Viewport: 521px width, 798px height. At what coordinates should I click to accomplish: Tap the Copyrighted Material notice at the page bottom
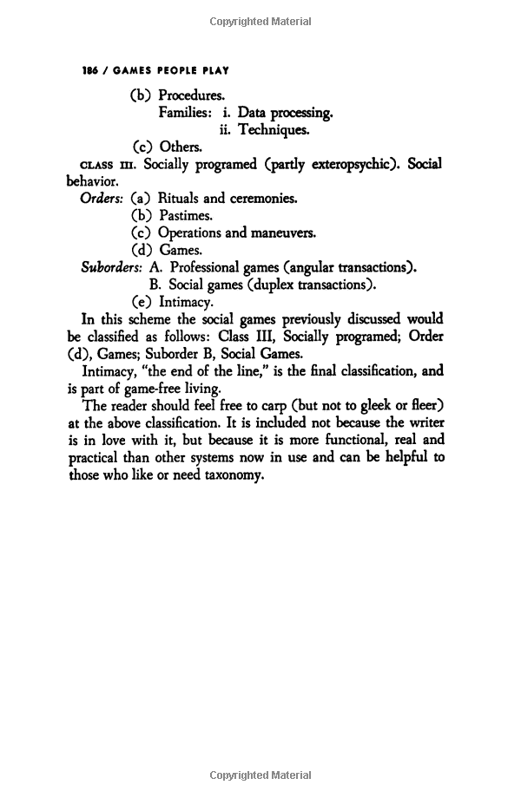(x=260, y=776)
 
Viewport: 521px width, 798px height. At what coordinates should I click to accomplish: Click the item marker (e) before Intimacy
(x=142, y=302)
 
